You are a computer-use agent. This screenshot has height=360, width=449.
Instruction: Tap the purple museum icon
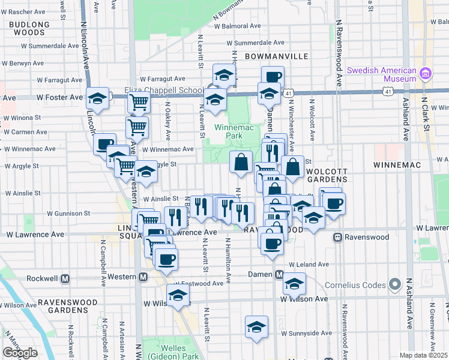426,74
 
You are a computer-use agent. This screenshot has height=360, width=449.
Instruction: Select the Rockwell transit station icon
65,279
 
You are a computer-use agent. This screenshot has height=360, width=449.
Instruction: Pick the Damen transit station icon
279,275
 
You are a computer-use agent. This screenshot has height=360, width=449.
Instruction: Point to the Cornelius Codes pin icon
394,284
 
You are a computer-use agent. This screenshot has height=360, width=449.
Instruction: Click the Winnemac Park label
229,131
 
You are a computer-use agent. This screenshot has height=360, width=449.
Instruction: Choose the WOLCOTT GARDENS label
327,175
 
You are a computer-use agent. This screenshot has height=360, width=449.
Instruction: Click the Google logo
20,353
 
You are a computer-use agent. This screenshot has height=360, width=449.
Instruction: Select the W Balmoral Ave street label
238,26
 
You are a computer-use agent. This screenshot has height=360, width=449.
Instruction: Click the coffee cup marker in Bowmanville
273,76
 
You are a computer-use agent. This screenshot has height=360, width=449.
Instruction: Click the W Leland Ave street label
309,264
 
